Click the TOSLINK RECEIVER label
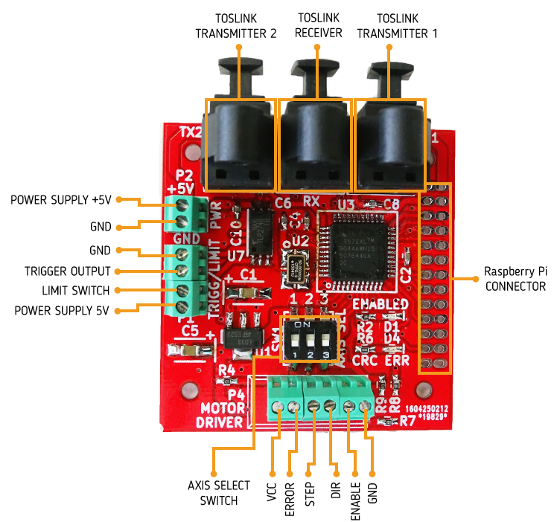(x=318, y=25)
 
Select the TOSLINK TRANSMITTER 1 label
(x=398, y=25)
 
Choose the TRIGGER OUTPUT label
(x=67, y=271)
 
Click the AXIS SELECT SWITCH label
(x=214, y=493)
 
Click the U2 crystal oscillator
(x=296, y=267)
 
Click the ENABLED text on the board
(x=380, y=304)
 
